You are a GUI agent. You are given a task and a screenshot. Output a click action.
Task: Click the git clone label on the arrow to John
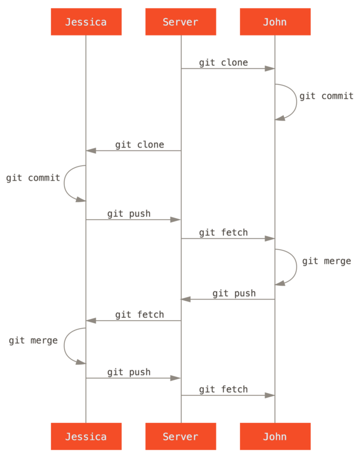tap(223, 63)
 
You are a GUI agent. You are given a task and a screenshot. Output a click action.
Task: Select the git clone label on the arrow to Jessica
tap(140, 145)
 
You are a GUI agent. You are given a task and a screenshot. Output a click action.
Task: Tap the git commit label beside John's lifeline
tap(326, 96)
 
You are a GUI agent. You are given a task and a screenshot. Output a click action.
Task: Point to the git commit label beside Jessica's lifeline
tap(33, 178)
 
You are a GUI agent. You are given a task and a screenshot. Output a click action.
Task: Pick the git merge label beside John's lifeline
tap(326, 261)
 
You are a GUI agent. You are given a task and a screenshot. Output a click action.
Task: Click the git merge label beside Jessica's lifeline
tap(33, 341)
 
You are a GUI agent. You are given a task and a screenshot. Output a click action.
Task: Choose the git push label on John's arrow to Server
tap(234, 293)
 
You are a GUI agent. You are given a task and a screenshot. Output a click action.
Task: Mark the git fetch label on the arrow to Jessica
tap(140, 314)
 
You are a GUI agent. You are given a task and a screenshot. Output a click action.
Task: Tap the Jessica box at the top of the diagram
tap(86, 22)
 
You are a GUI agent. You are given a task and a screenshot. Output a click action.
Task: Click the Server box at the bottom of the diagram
tap(180, 437)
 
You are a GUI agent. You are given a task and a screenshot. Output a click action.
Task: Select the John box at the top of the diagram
tap(274, 22)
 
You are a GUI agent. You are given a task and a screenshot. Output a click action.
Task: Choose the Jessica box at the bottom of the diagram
tap(86, 437)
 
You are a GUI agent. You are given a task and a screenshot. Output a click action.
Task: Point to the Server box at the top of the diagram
tap(180, 22)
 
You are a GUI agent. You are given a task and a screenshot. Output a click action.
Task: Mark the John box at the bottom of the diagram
tap(274, 437)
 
